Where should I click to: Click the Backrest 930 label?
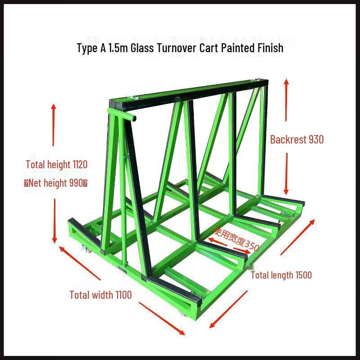297,139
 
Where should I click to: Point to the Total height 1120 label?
57,165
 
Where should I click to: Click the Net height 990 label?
56,183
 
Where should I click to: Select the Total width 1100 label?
100,295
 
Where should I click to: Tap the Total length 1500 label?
281,275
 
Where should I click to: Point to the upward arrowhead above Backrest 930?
286,83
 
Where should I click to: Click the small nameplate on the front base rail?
122,271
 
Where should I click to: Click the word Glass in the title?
142,48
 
